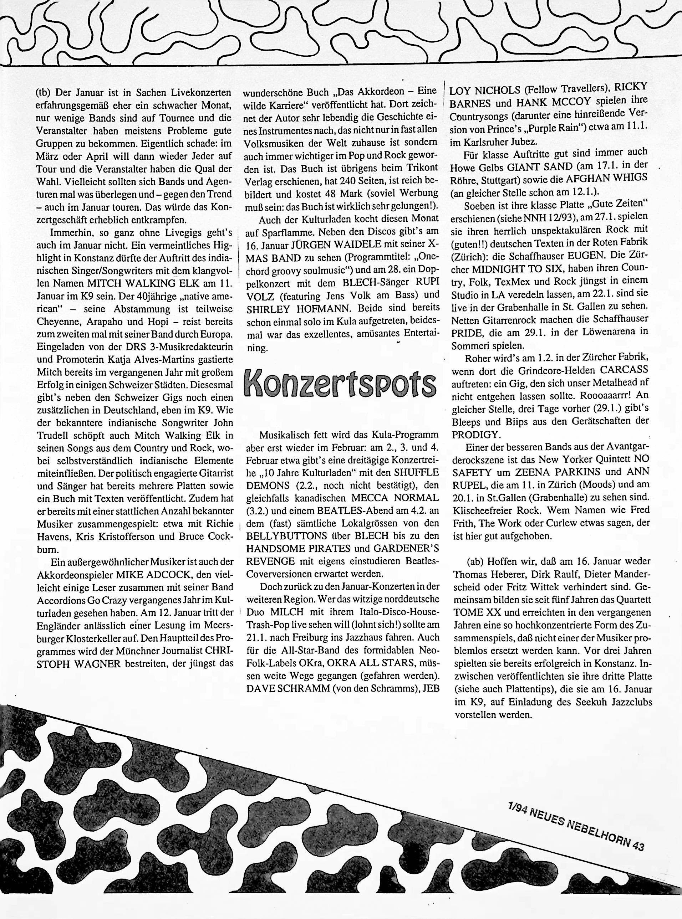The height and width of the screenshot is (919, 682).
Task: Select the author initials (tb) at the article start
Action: (x=45, y=93)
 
